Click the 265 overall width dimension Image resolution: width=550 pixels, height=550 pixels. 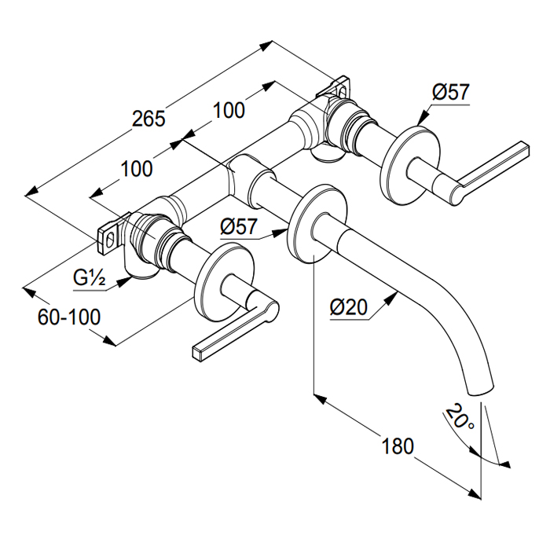click(148, 119)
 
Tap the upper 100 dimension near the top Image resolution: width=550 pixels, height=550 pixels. click(229, 110)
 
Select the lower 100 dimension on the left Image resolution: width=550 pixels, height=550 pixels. click(137, 167)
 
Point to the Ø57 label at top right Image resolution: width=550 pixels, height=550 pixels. click(450, 92)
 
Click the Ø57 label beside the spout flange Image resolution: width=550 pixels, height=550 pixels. click(239, 226)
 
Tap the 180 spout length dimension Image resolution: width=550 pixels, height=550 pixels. click(398, 445)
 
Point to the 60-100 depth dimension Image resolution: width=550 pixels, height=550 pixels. click(69, 317)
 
